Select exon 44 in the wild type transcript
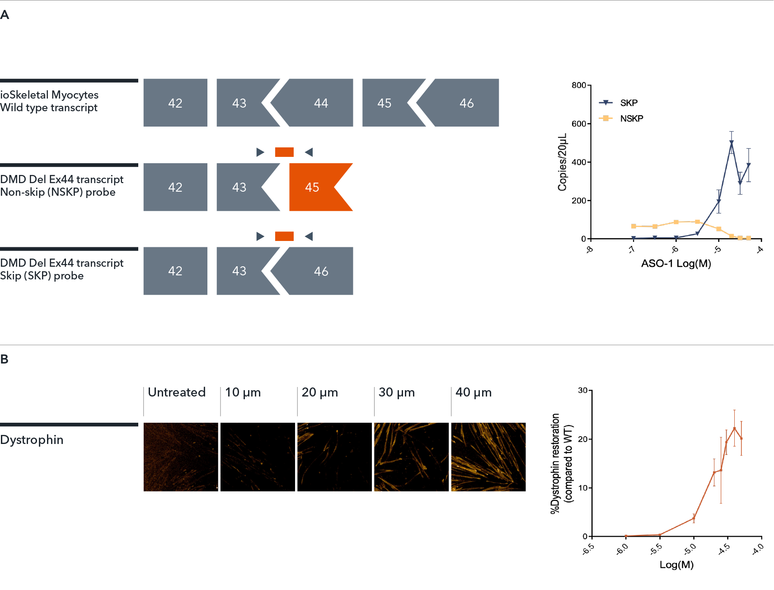click(321, 103)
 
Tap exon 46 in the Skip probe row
click(321, 271)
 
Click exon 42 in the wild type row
click(175, 103)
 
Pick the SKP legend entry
click(628, 103)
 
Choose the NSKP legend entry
click(631, 118)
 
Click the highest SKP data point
click(732, 143)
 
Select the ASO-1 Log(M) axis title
click(676, 264)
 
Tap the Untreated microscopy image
click(181, 457)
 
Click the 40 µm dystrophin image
click(488, 457)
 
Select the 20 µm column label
click(319, 392)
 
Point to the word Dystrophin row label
click(32, 440)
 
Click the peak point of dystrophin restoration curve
click(734, 428)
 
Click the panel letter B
click(5, 359)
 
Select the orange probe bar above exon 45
click(284, 152)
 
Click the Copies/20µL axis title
click(562, 162)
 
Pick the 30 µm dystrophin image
click(411, 457)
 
